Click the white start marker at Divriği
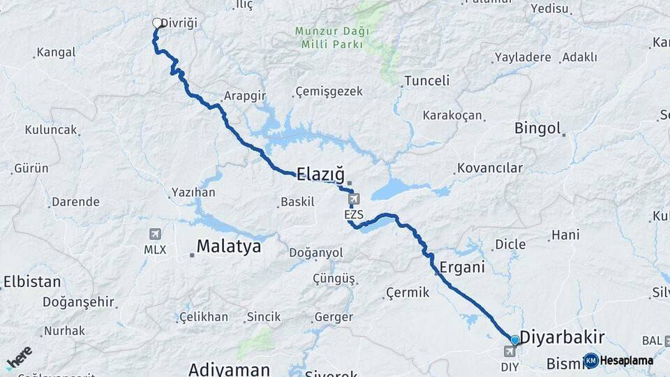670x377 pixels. point(157,23)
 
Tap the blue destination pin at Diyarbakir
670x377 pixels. point(515,340)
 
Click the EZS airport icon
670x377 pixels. point(354,200)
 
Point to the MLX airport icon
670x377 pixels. point(155,235)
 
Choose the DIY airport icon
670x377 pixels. point(510,351)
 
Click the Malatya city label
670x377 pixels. point(228,246)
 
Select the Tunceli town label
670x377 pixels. point(426,80)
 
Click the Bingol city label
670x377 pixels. point(537,128)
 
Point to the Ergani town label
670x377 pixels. point(462,267)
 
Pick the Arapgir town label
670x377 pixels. point(246,96)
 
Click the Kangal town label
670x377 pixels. point(56,52)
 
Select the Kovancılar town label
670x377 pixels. point(489,168)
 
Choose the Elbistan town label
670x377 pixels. point(32,282)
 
